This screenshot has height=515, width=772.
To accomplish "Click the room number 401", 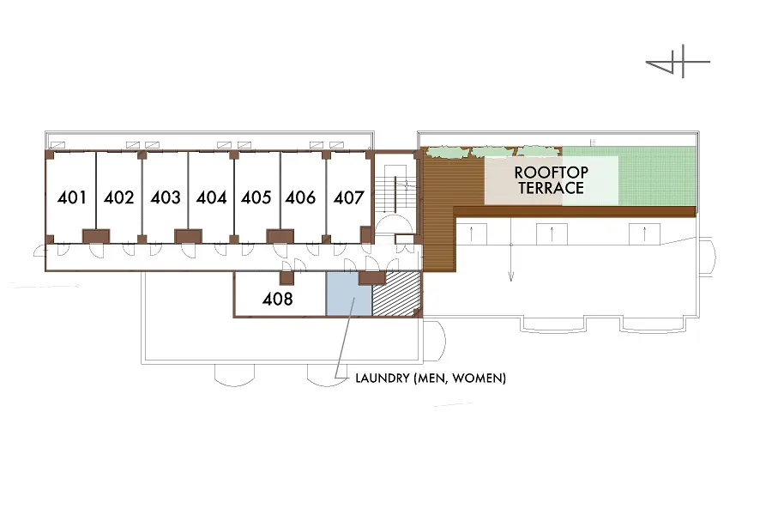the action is pyautogui.click(x=72, y=197).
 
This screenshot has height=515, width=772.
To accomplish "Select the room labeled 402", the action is pyautogui.click(x=118, y=197).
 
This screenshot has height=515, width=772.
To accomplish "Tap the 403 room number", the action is pyautogui.click(x=166, y=197).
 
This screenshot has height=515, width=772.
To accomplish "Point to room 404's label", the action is pyautogui.click(x=211, y=197).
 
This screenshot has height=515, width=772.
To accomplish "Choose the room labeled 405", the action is pyautogui.click(x=256, y=197).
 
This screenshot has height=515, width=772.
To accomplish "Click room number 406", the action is pyautogui.click(x=300, y=197).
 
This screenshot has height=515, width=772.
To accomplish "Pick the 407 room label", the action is pyautogui.click(x=348, y=197).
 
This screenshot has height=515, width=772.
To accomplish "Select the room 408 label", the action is pyautogui.click(x=278, y=299).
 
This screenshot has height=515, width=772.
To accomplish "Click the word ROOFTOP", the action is pyautogui.click(x=551, y=173).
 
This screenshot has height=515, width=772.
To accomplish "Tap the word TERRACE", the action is pyautogui.click(x=551, y=188).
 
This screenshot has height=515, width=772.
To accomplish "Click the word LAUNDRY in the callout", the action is pyautogui.click(x=382, y=378).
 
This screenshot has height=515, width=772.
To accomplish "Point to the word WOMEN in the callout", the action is pyautogui.click(x=477, y=378).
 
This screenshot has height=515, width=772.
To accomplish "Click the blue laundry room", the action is pyautogui.click(x=348, y=294).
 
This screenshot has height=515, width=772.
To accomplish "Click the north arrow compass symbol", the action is pyautogui.click(x=678, y=62).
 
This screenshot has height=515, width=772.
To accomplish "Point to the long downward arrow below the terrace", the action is pyautogui.click(x=511, y=249).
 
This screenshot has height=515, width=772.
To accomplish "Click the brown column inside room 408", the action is pyautogui.click(x=286, y=277).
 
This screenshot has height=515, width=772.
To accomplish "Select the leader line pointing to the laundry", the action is pyautogui.click(x=344, y=338).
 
